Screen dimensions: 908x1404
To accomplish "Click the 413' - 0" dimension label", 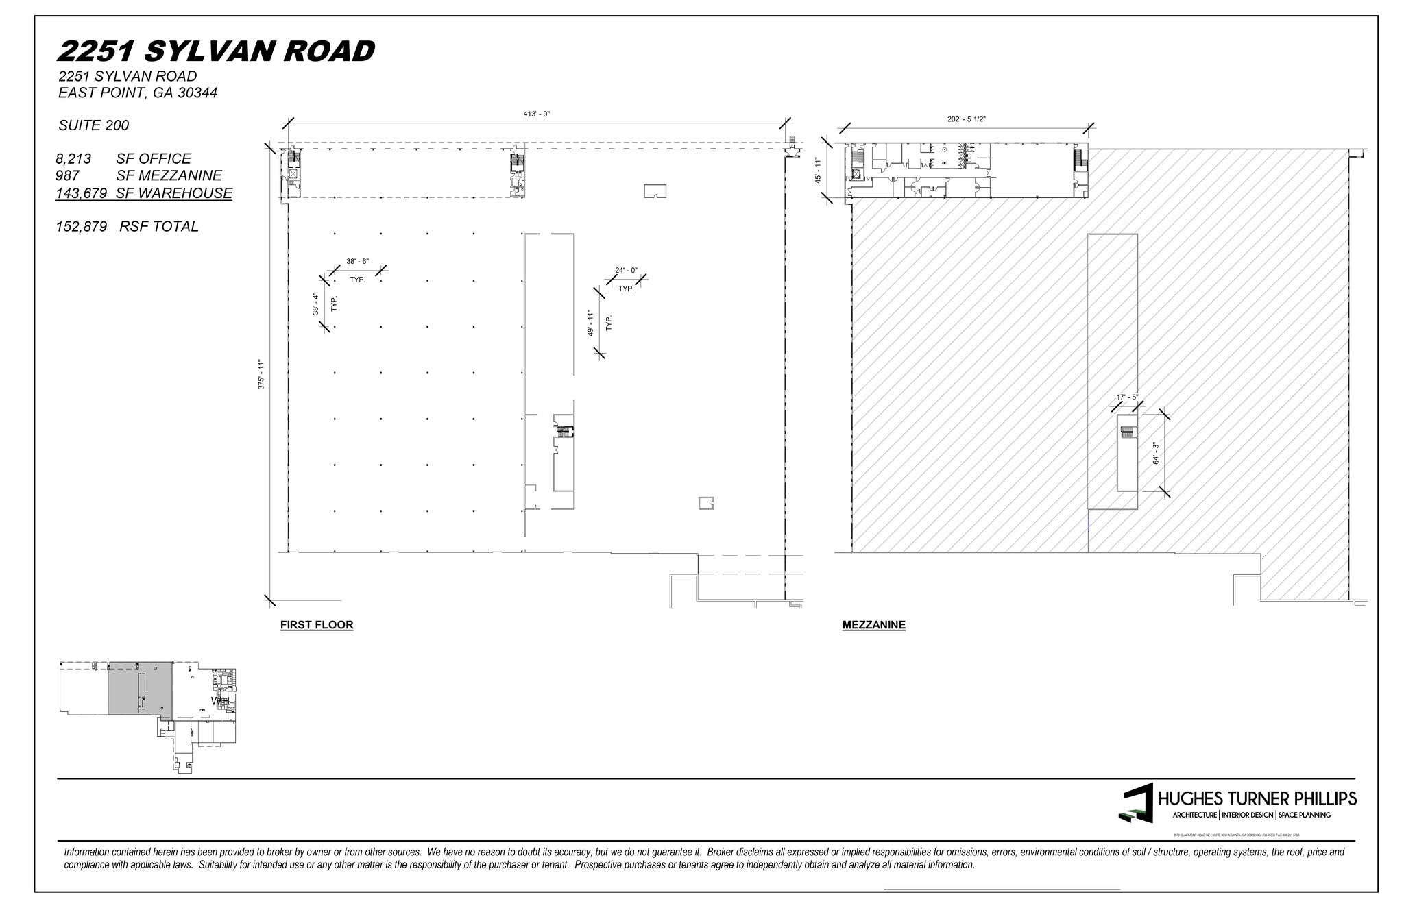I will (536, 114).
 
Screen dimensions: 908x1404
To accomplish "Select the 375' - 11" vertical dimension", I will (261, 374).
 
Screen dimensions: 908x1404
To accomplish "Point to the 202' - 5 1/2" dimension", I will (966, 119).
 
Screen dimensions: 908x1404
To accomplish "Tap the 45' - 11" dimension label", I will (818, 170).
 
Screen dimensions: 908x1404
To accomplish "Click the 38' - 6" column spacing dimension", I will (357, 262).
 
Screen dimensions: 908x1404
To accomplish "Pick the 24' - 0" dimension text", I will (626, 271).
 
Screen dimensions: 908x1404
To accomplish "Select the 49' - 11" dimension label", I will (590, 323).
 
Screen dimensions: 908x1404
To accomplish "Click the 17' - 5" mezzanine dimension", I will (1127, 397).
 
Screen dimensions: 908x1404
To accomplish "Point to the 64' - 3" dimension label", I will (1156, 453).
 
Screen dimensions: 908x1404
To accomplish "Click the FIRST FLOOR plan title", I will (317, 625).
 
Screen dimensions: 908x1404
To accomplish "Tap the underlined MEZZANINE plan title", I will (873, 625).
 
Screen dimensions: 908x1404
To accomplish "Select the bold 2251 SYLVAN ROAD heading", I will (216, 51).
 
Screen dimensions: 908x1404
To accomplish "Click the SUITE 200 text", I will (94, 125).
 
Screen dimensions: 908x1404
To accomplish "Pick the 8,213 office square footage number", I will (73, 159).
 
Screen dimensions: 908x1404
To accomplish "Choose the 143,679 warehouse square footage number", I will (81, 193).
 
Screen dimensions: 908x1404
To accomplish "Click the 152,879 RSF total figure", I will (82, 227).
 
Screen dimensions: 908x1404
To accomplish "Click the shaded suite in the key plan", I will (139, 688).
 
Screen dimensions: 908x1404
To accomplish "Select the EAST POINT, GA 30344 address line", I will (138, 93).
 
